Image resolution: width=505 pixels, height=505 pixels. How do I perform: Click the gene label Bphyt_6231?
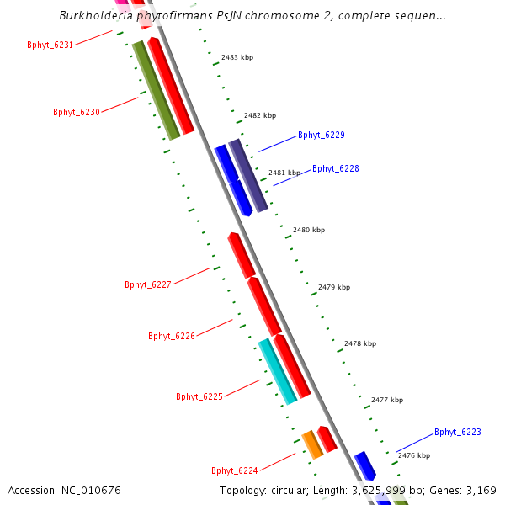[50, 45]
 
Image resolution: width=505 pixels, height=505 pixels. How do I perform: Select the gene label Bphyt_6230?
[76, 112]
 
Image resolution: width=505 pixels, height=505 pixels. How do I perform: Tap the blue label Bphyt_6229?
[321, 135]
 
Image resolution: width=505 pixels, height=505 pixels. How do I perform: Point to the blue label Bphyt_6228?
[335, 168]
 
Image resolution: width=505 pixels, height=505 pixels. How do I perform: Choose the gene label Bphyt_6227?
[147, 284]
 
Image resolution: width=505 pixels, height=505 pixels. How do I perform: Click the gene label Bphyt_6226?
[171, 336]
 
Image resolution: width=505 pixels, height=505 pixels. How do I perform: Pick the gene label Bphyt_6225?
[199, 396]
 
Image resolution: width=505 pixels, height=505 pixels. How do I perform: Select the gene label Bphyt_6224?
[234, 470]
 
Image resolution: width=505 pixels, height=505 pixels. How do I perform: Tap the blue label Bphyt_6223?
[457, 432]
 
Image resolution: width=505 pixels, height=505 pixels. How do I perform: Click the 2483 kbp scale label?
[237, 57]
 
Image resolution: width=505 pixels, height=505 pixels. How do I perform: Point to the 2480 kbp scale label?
[308, 230]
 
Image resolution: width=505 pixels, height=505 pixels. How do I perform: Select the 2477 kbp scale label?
[386, 400]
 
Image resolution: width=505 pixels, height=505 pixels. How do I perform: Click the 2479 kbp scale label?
[333, 287]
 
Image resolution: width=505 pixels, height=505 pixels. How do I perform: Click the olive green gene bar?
[157, 91]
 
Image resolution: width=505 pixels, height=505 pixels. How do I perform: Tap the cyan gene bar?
[277, 371]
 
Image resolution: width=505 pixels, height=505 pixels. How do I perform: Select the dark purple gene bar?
[248, 175]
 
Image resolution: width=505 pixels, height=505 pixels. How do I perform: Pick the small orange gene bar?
[312, 444]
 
